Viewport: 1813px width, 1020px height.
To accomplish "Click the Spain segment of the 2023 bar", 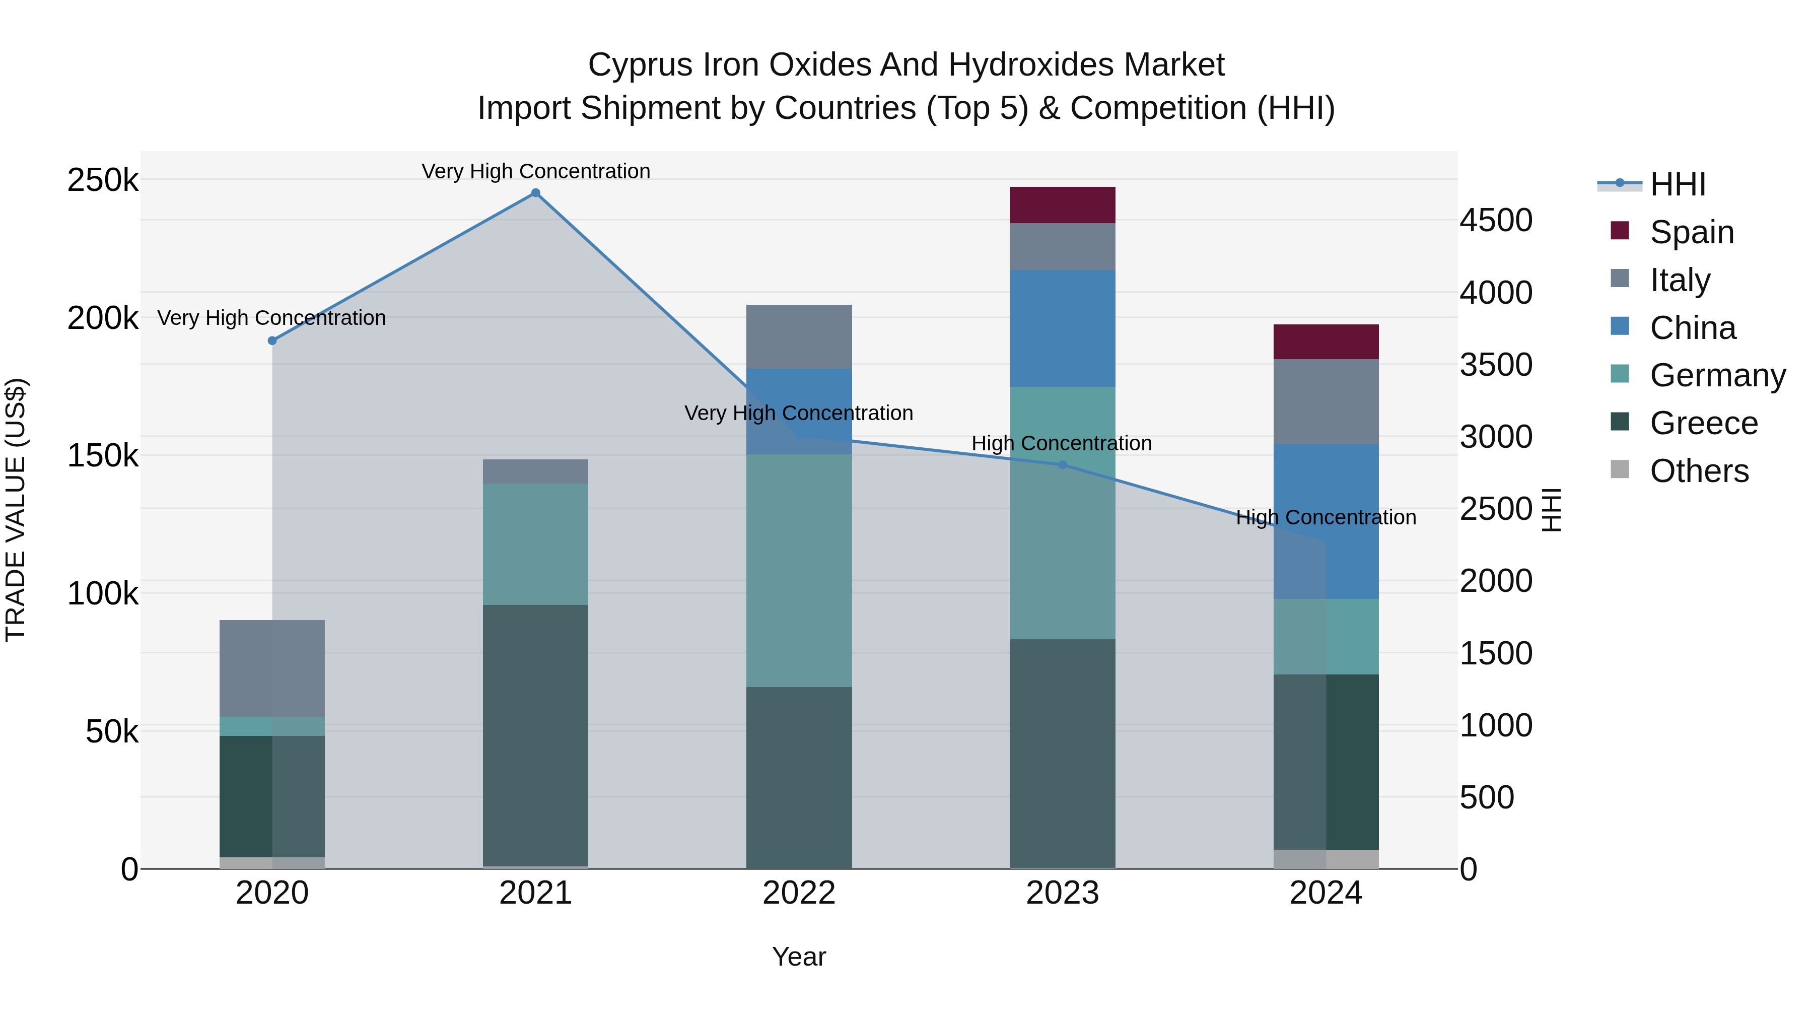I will pyautogui.click(x=1062, y=205).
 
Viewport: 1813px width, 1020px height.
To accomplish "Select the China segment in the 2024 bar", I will pyautogui.click(x=1326, y=522).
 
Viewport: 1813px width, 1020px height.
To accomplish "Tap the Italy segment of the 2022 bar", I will pyautogui.click(x=799, y=336).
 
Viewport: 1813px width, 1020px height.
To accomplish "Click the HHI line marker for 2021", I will pyautogui.click(x=536, y=193).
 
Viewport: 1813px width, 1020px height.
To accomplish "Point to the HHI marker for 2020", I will pyautogui.click(x=272, y=341).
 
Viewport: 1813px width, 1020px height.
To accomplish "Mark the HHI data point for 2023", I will pyautogui.click(x=1063, y=464).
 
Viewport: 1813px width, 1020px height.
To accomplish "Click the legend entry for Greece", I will pyautogui.click(x=1704, y=423).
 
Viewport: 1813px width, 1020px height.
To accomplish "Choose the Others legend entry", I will pyautogui.click(x=1699, y=471).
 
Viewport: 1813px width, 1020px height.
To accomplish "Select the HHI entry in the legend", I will pyautogui.click(x=1678, y=184).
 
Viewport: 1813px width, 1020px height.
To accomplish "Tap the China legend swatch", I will pyautogui.click(x=1620, y=326).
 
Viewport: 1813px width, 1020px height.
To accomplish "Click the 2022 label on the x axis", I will pyautogui.click(x=799, y=893).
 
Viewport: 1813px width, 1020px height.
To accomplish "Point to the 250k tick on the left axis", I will pyautogui.click(x=103, y=180).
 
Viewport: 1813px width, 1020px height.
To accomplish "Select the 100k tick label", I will pyautogui.click(x=103, y=593).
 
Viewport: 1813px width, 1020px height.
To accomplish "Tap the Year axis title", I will pyautogui.click(x=799, y=957).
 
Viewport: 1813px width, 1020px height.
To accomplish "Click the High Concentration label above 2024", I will pyautogui.click(x=1326, y=517).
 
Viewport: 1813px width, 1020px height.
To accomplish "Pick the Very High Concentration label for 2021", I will pyautogui.click(x=536, y=171).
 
